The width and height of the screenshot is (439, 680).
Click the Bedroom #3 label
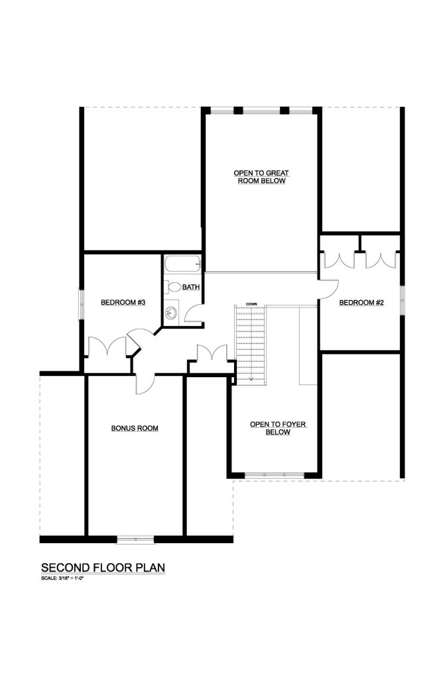(x=123, y=302)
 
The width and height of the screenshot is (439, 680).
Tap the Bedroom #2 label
(x=361, y=302)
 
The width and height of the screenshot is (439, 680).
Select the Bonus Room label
(x=135, y=428)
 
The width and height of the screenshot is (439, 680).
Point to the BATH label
(x=191, y=287)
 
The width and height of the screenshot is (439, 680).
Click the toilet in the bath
(x=174, y=287)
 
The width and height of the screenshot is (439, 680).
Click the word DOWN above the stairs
(x=251, y=304)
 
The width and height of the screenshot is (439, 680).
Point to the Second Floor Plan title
(x=103, y=568)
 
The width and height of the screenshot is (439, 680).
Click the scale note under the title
(x=62, y=578)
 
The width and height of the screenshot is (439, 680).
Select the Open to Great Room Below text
(x=261, y=177)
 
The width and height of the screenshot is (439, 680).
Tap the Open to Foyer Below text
(x=278, y=428)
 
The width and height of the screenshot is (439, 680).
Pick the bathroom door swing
(x=192, y=313)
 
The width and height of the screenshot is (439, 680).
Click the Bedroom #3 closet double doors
(x=107, y=346)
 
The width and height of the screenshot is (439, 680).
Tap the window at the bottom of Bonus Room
(x=135, y=539)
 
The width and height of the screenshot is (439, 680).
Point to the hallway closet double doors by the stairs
(x=212, y=352)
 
